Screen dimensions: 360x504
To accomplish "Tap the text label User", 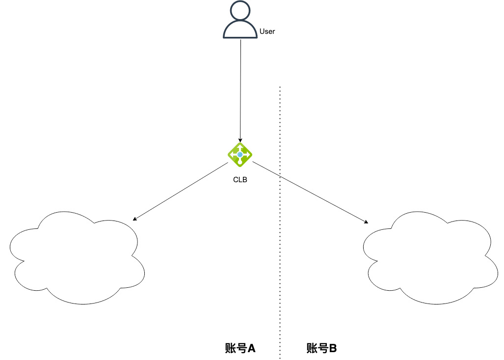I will click(267, 31).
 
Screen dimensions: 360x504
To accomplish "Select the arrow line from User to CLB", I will click(240, 88).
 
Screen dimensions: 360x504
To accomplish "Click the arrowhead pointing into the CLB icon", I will click(240, 140).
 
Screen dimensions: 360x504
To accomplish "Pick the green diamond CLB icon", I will click(240, 155).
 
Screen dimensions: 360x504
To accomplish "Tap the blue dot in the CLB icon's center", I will click(240, 155).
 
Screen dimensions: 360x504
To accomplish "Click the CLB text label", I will click(240, 180).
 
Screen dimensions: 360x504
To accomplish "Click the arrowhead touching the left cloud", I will click(134, 220).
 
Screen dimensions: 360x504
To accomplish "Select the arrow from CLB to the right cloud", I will click(309, 193).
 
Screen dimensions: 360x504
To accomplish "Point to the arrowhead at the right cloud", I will click(367, 222).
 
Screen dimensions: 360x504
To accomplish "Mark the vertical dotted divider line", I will click(280, 221).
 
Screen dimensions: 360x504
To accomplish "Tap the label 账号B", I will click(321, 348).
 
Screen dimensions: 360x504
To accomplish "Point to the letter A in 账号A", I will click(251, 348).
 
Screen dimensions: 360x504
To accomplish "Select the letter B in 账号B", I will click(333, 348).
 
